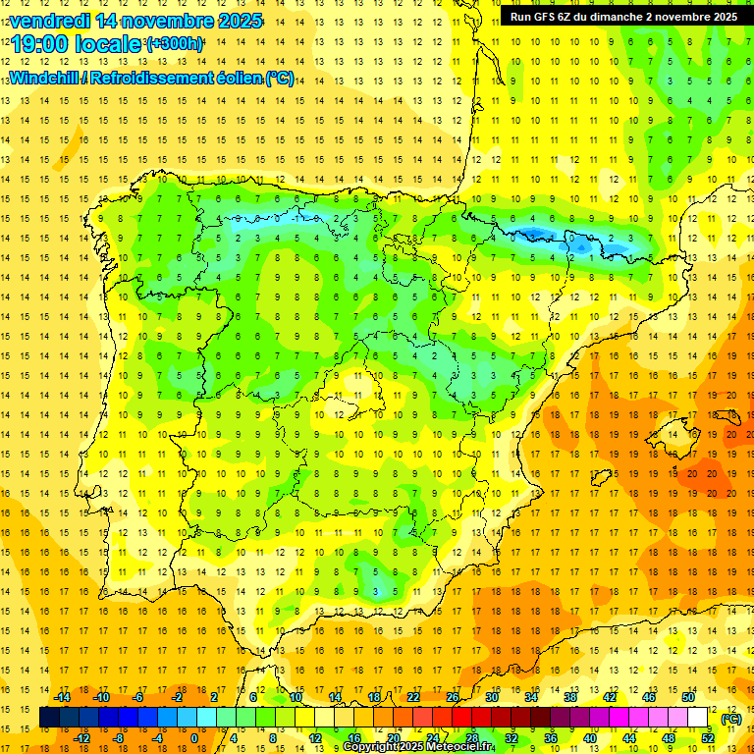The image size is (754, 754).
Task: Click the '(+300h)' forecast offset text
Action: click(x=175, y=44)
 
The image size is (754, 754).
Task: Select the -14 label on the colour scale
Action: click(x=62, y=697)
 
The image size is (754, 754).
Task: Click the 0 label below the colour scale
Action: click(x=194, y=738)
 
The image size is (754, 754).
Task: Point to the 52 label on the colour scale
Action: click(x=709, y=738)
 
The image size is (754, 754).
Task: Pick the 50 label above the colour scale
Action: click(x=688, y=697)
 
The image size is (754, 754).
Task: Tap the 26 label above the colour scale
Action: click(x=453, y=697)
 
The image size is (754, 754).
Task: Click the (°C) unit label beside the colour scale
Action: click(x=731, y=718)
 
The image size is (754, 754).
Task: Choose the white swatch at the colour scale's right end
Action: click(x=698, y=718)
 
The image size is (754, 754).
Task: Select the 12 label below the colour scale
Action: click(x=315, y=738)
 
